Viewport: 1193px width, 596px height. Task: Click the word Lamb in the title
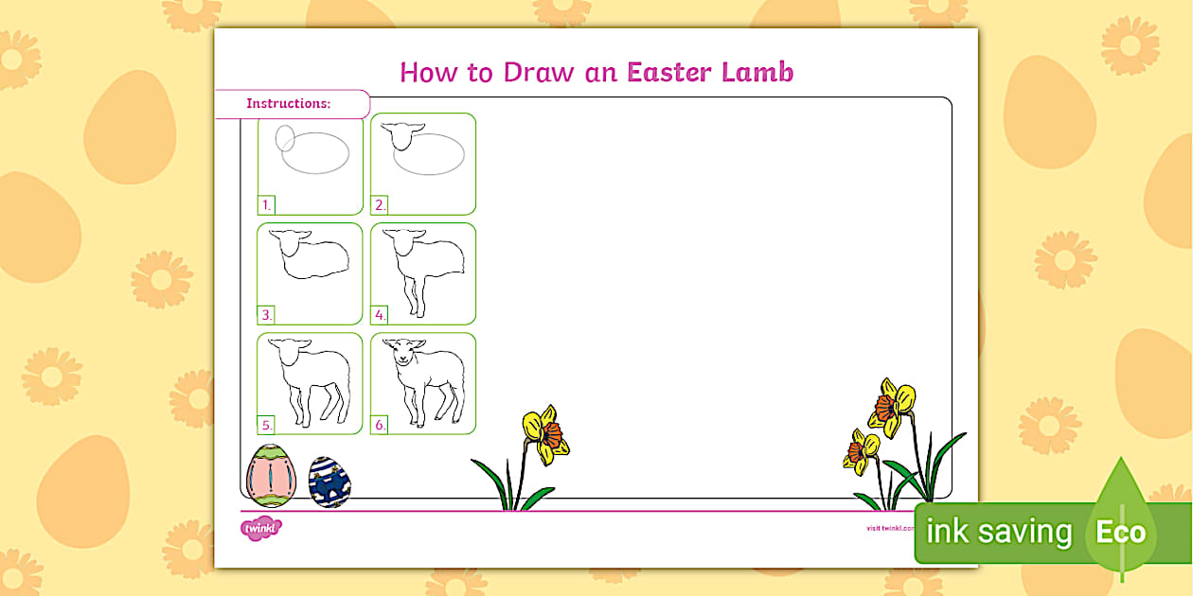[x=760, y=72]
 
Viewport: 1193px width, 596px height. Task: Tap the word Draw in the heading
[x=534, y=72]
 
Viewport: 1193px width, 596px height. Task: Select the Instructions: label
[x=289, y=103]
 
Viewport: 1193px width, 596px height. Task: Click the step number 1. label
[x=267, y=204]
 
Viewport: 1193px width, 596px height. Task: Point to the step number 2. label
[x=380, y=204]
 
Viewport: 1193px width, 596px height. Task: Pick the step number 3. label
[x=267, y=315]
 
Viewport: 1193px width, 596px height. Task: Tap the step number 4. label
[x=380, y=315]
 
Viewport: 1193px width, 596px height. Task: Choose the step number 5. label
[x=267, y=425]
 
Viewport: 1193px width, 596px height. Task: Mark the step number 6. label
[x=380, y=425]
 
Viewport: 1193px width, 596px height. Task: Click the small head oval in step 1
[x=285, y=139]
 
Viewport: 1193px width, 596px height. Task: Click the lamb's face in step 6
[x=404, y=356]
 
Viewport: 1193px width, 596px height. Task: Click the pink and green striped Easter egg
[x=271, y=475]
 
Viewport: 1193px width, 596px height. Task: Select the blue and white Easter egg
[x=329, y=482]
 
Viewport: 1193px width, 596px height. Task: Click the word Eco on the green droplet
[x=1121, y=532]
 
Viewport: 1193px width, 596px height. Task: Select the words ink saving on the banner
[x=999, y=532]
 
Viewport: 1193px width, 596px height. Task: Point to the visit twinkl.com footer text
[x=889, y=528]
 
